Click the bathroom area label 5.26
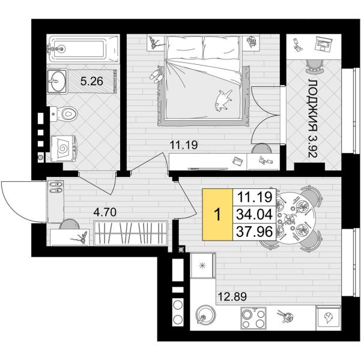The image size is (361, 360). [92, 81]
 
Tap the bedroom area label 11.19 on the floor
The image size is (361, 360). [183, 145]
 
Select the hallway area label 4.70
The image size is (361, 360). [105, 212]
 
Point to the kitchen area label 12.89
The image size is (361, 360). [232, 296]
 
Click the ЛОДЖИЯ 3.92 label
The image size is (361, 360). [312, 118]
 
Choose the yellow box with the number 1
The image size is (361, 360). [217, 215]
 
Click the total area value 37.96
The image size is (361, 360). [255, 232]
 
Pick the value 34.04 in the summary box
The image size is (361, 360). [255, 214]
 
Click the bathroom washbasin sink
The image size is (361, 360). [57, 81]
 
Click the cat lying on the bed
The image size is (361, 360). [223, 100]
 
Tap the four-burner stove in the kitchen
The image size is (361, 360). [253, 318]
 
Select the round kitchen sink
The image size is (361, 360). [205, 315]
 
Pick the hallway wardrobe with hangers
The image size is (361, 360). [130, 233]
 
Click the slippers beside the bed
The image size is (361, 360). [156, 74]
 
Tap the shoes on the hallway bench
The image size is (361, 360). [56, 187]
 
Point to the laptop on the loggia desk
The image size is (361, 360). [324, 44]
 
